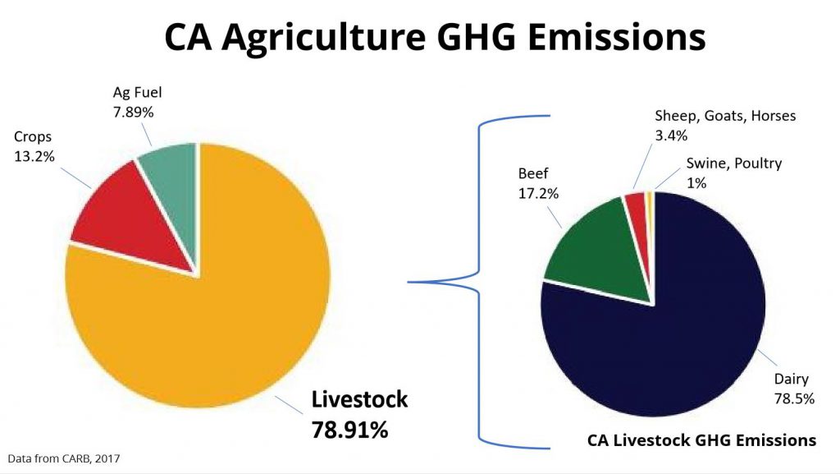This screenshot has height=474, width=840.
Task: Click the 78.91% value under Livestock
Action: click(349, 429)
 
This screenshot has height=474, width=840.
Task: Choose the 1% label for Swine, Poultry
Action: click(696, 182)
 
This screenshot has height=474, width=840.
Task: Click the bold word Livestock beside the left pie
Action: click(359, 400)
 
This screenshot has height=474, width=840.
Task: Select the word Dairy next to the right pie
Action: click(791, 379)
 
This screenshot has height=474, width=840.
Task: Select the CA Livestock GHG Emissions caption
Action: click(701, 440)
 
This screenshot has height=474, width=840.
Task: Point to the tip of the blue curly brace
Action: click(410, 282)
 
